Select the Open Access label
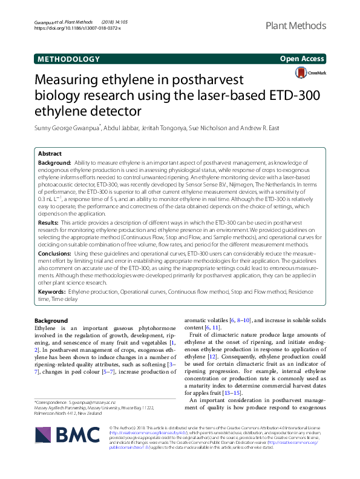303,59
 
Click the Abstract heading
50,154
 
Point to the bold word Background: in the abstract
54,164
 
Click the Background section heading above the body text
51,320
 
